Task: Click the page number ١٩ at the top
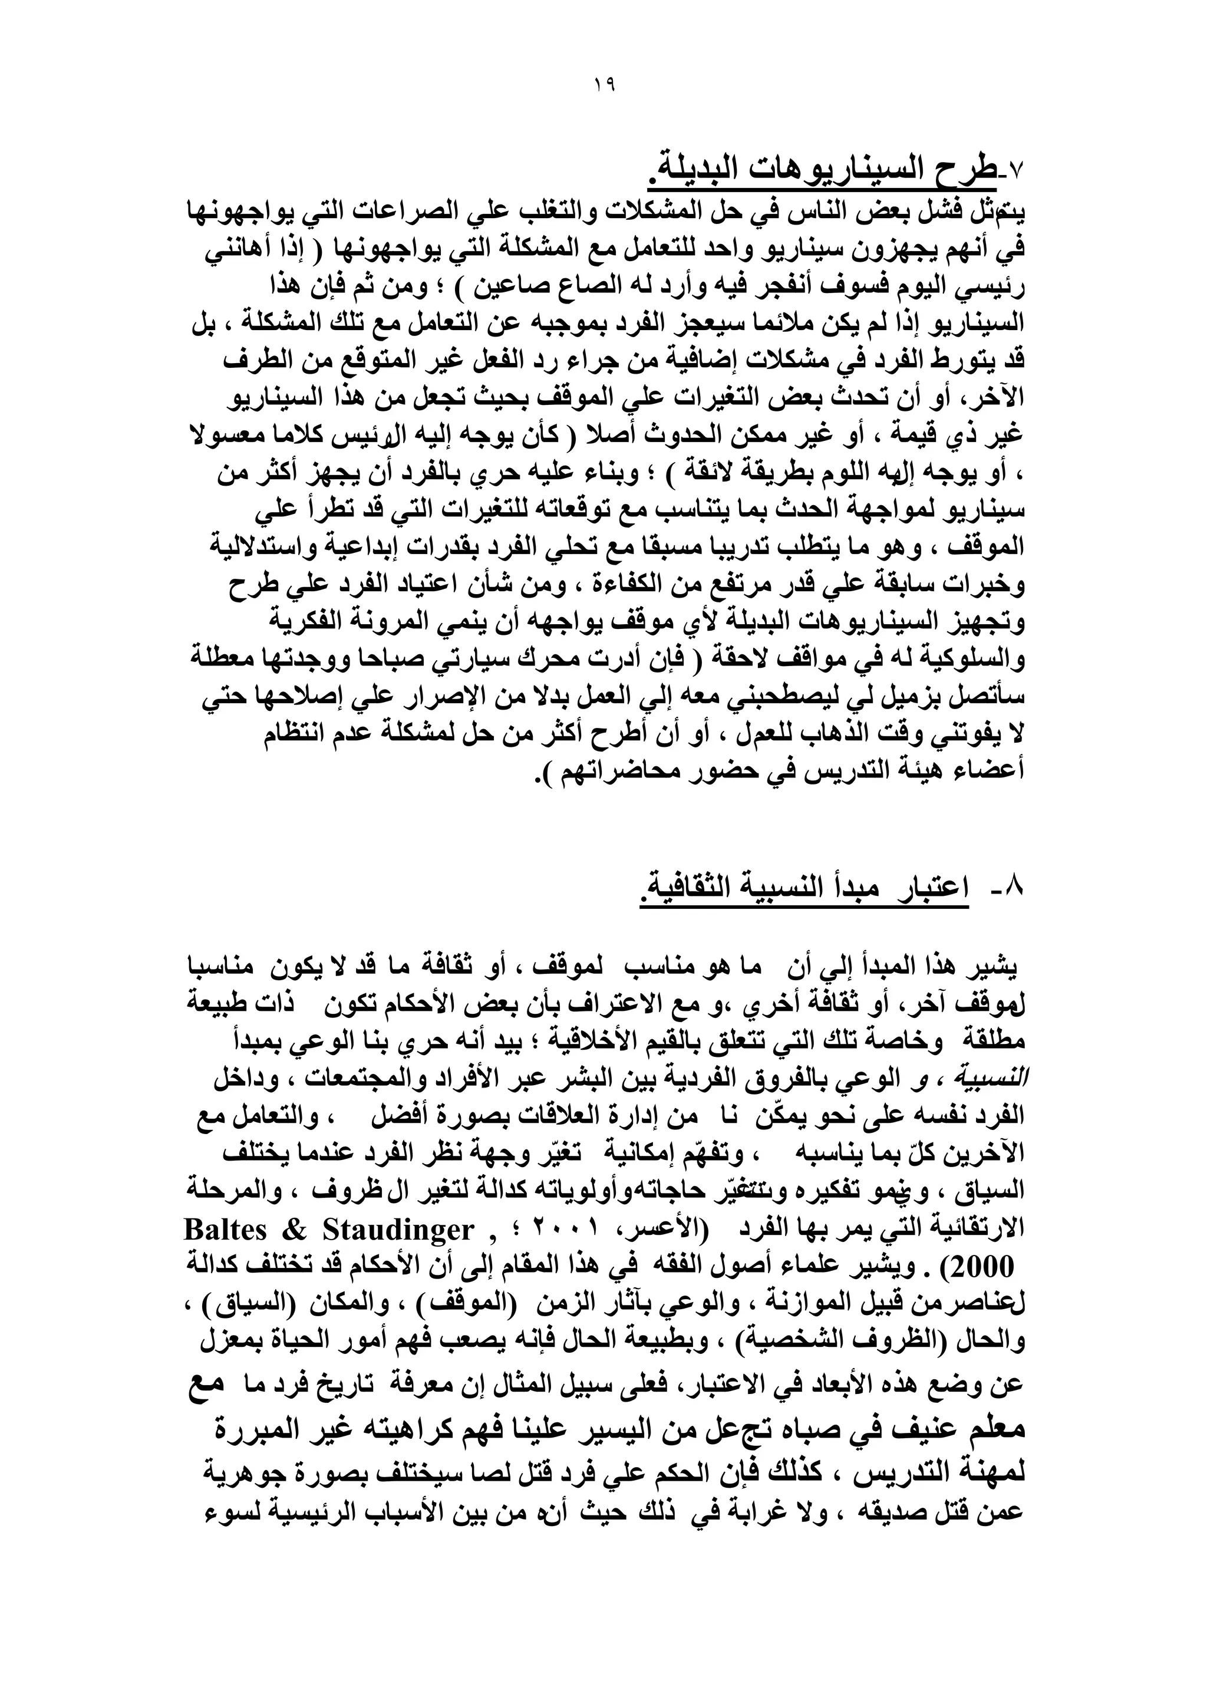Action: (604, 85)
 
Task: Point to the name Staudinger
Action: (398, 1230)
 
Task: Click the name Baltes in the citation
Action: (225, 1230)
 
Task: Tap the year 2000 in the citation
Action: (982, 1267)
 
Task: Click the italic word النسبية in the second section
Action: (996, 1079)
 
